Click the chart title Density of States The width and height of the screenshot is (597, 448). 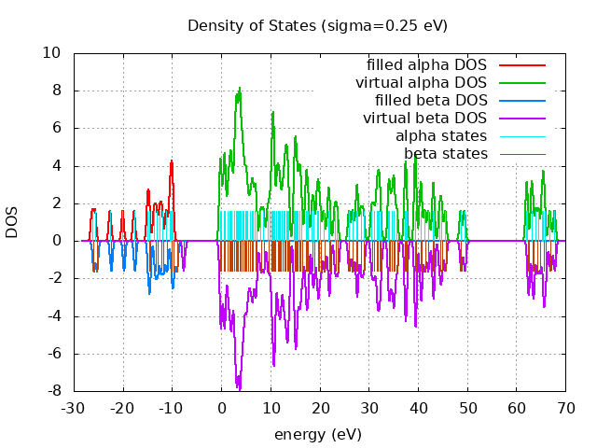coord(317,25)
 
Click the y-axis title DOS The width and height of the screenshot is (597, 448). coord(12,222)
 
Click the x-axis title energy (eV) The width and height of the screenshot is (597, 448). coord(317,434)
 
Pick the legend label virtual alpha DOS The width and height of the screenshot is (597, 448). coord(421,83)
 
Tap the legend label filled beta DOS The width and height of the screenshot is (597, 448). coord(430,101)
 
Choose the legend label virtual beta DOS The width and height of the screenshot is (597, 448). coord(424,119)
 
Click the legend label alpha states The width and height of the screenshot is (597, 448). coord(440,136)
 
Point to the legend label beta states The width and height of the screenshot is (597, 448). coord(445,154)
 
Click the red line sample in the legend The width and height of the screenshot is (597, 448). coord(521,65)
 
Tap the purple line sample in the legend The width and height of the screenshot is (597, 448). coord(521,119)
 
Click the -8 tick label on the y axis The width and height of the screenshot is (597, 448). coord(55,390)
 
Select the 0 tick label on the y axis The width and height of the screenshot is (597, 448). coord(58,241)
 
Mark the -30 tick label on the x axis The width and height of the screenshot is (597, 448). coord(73,408)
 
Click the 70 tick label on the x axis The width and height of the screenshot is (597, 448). coord(566,408)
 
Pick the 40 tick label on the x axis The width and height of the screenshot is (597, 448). coord(419,408)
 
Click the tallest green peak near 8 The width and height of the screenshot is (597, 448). coord(240,89)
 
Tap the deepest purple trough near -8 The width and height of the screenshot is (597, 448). coord(239,387)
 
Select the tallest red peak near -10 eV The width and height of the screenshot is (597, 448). coord(172,161)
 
